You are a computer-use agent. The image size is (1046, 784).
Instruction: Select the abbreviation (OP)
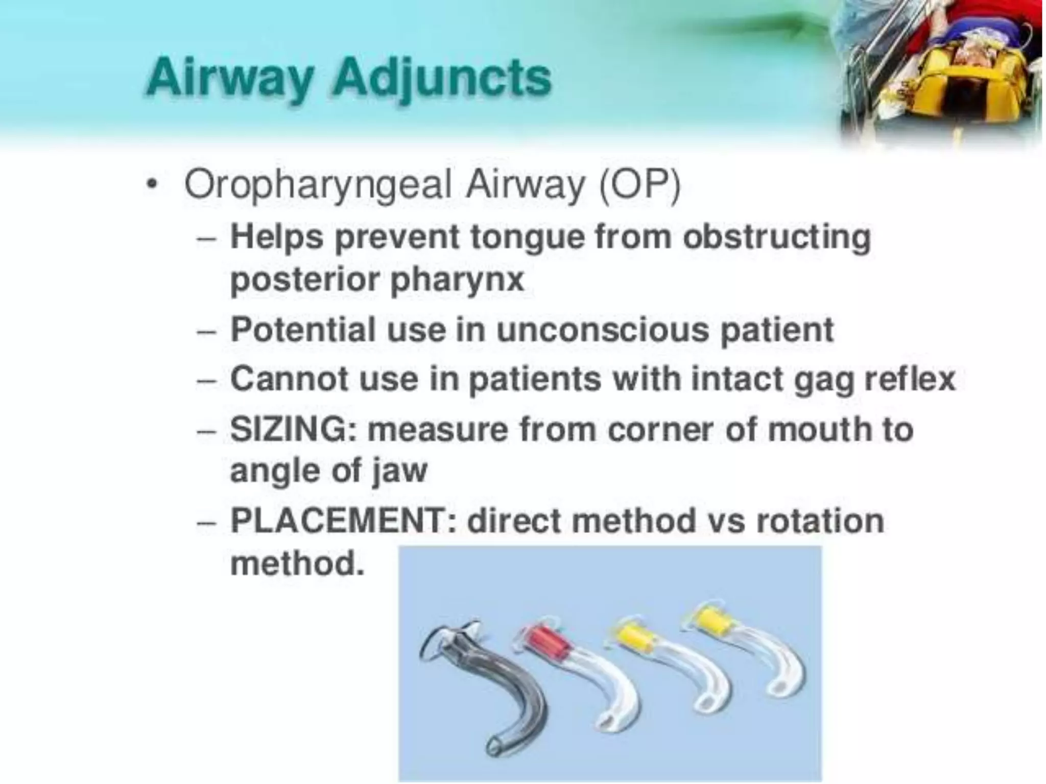[640, 184]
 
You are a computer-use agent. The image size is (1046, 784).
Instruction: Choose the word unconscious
[603, 329]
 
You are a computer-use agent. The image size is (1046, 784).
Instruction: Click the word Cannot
[289, 379]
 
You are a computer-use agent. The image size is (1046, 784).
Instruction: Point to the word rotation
[820, 521]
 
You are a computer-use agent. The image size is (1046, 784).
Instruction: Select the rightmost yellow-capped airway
[756, 653]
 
